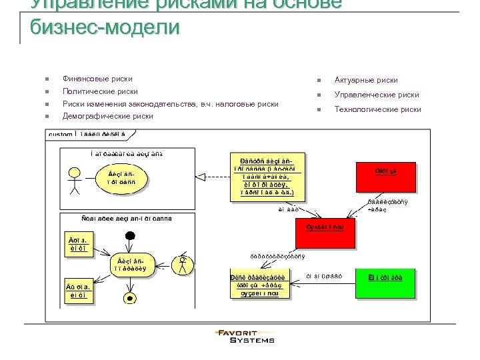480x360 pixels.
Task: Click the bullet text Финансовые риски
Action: (x=97, y=79)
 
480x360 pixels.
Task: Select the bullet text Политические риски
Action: (x=100, y=91)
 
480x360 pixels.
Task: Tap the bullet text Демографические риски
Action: (x=107, y=116)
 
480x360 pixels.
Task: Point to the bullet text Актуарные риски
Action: (x=366, y=80)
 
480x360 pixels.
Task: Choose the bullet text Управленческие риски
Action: (x=376, y=95)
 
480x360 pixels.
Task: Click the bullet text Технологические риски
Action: (x=377, y=109)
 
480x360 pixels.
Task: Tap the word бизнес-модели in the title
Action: (x=105, y=28)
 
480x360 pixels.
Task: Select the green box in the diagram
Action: (x=385, y=283)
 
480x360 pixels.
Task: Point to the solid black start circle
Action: (x=131, y=235)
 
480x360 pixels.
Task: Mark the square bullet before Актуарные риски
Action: (x=321, y=81)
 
